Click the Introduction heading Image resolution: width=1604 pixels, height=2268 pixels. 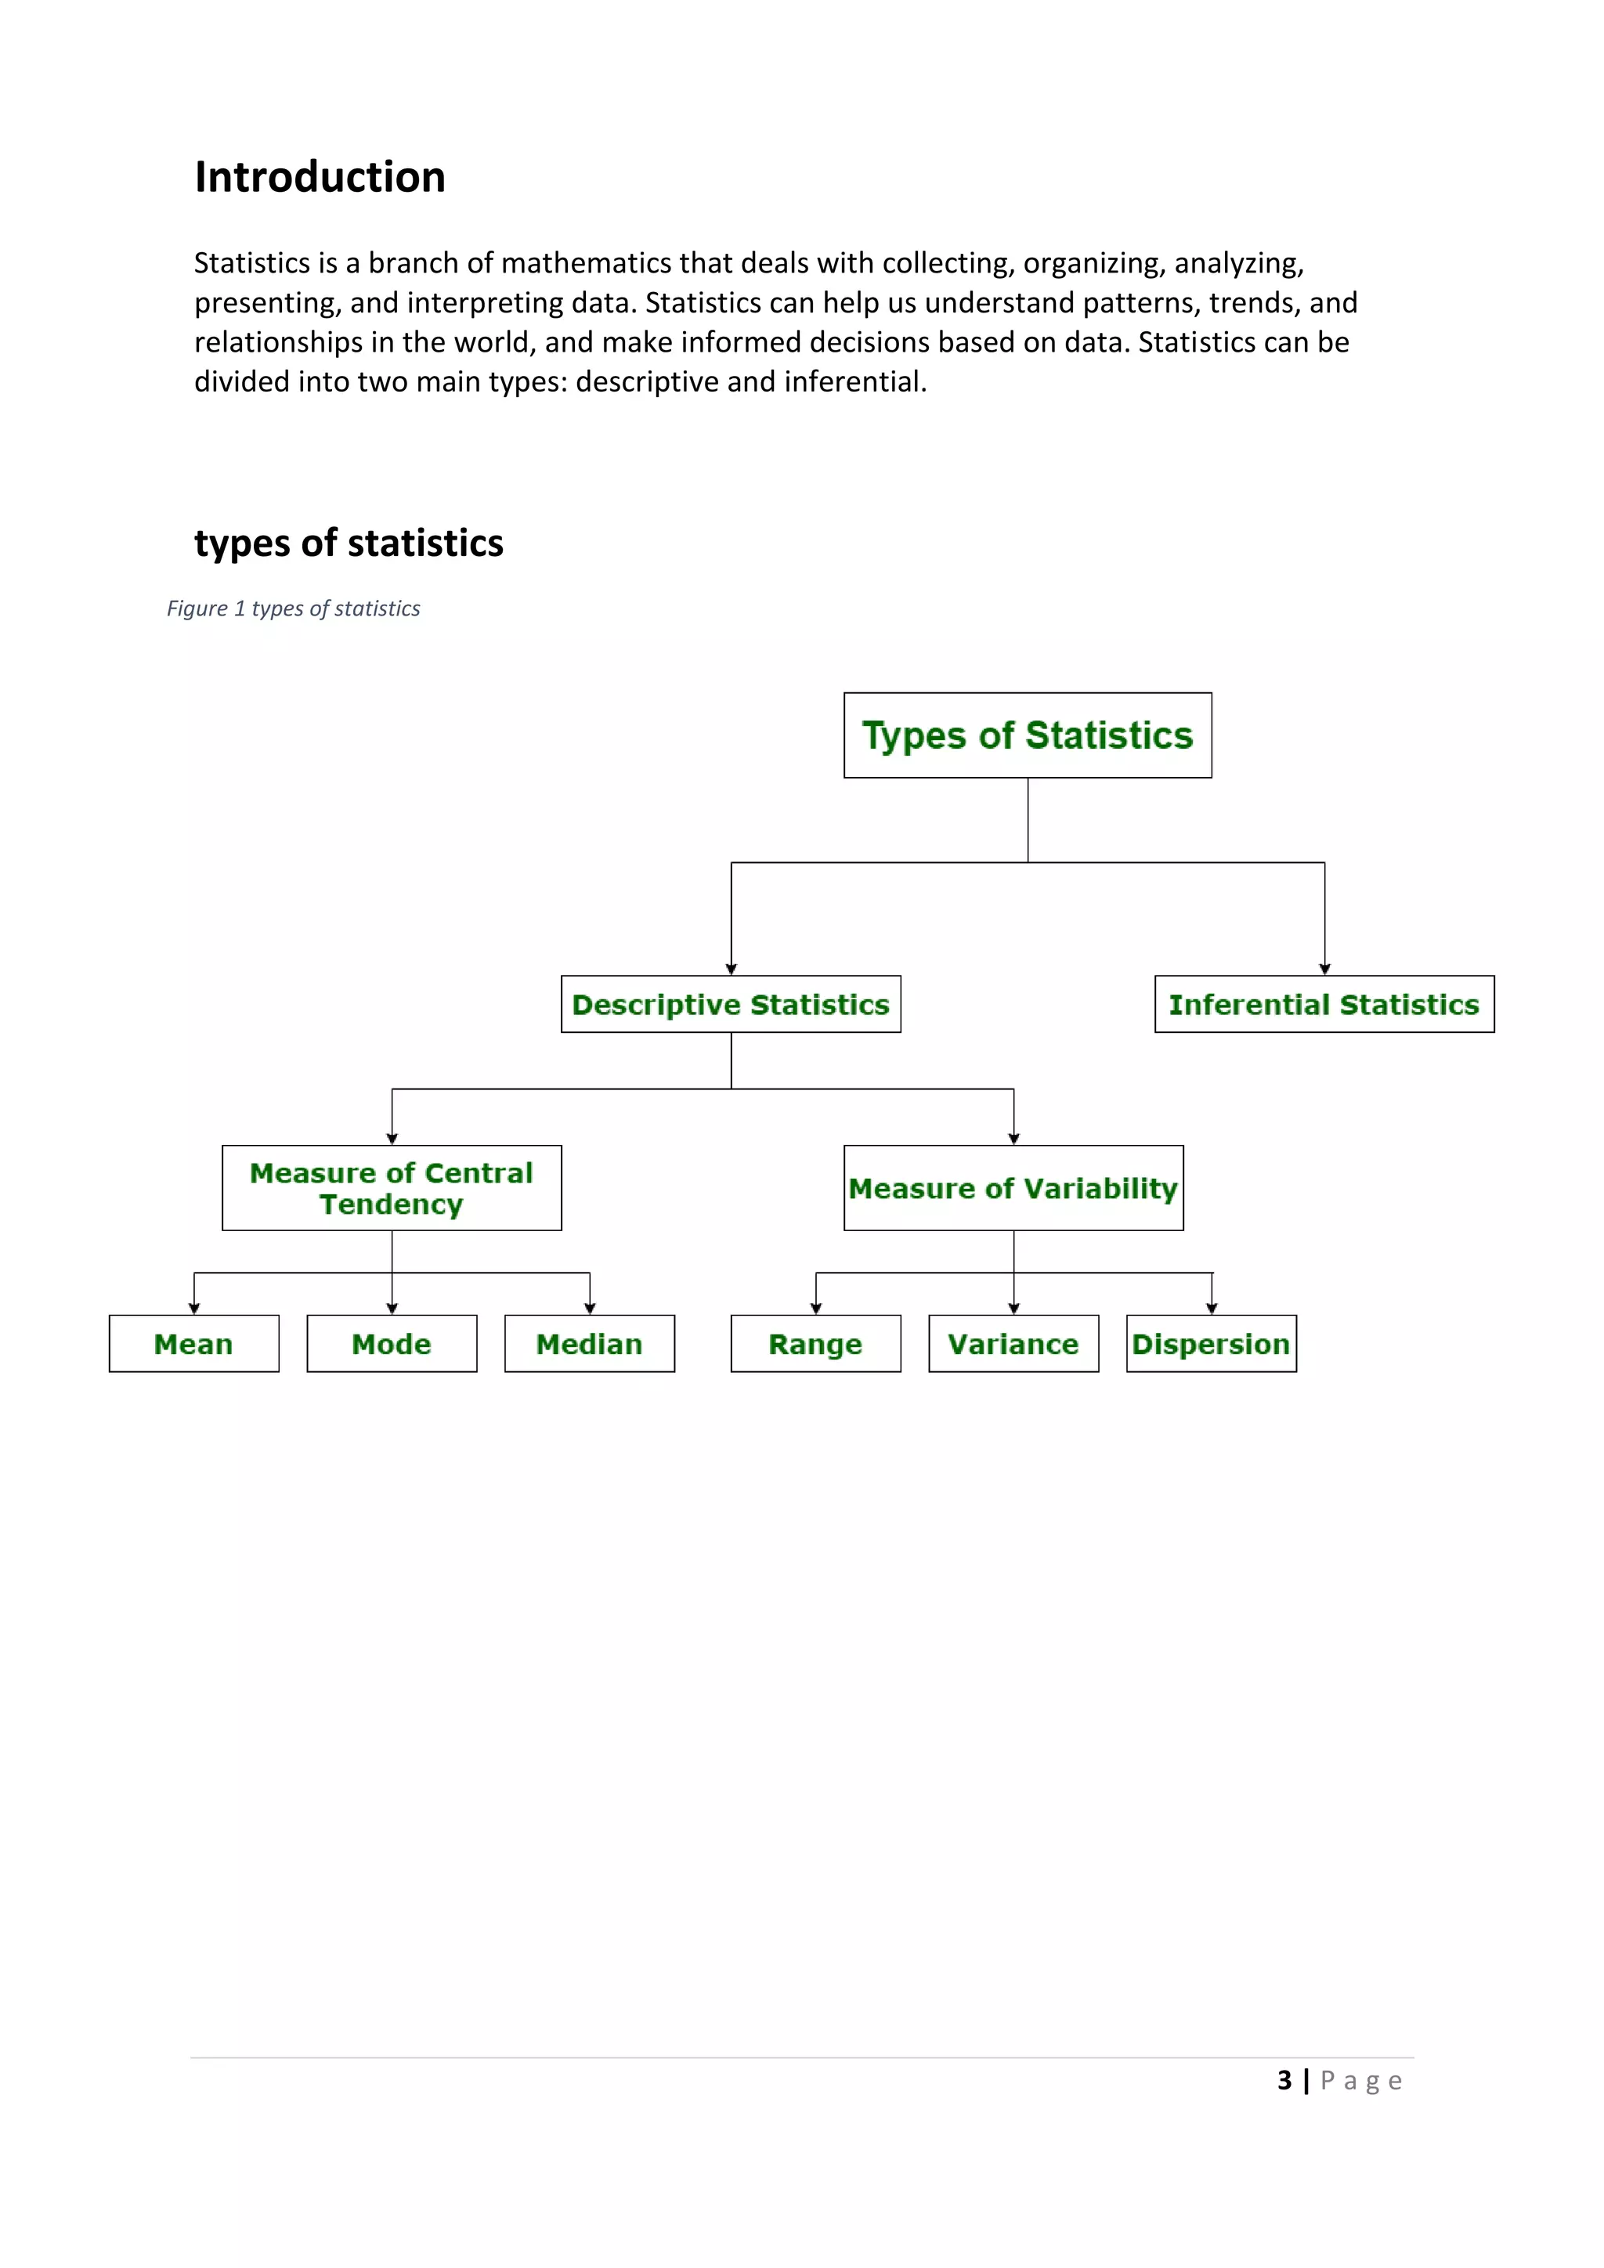click(x=320, y=178)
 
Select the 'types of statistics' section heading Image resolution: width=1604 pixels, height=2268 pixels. click(x=349, y=544)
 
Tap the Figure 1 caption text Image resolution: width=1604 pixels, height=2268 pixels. click(x=294, y=609)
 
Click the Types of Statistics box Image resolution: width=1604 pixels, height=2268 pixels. click(x=1028, y=735)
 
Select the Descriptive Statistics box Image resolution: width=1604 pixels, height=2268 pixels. click(x=731, y=1005)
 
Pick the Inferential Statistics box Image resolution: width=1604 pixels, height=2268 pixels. click(x=1324, y=1005)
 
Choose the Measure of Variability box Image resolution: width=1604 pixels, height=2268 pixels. click(x=1013, y=1188)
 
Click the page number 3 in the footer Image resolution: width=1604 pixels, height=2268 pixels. click(x=1284, y=2082)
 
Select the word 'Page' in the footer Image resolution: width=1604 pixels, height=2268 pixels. click(x=1361, y=2082)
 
